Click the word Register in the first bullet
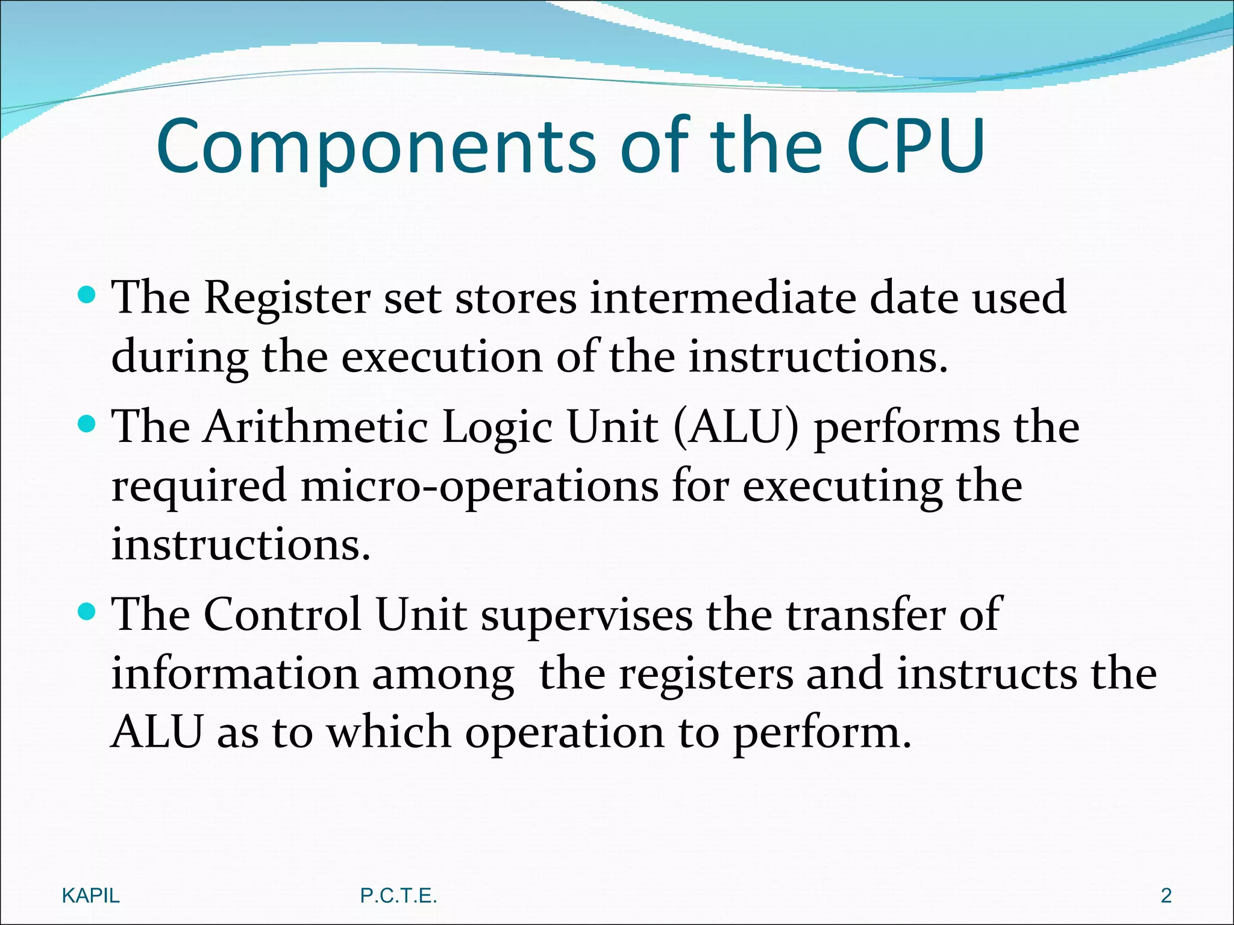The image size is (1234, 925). pyautogui.click(x=287, y=298)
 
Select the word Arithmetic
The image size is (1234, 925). pyautogui.click(x=316, y=427)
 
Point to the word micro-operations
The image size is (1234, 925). pyautogui.click(x=479, y=487)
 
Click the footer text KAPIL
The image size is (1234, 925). pyautogui.click(x=91, y=895)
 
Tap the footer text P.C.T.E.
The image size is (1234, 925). pyautogui.click(x=398, y=895)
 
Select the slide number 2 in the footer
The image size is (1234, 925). pyautogui.click(x=1166, y=895)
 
